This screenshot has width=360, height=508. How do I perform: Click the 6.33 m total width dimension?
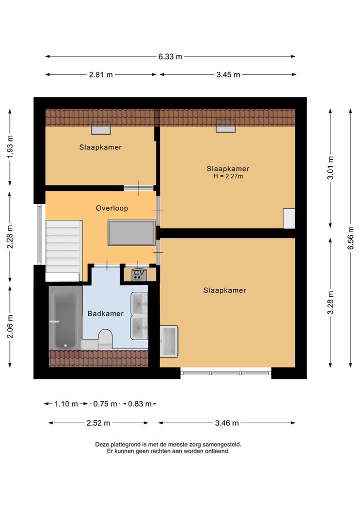[170, 56]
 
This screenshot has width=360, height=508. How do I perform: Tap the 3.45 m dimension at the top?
[228, 74]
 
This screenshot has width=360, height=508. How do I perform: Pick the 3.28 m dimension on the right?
[330, 302]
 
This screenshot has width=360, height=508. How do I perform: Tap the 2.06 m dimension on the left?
[10, 325]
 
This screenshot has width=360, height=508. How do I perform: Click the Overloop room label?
[112, 208]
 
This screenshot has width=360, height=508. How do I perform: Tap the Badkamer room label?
[105, 314]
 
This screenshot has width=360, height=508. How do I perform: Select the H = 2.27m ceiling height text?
[228, 176]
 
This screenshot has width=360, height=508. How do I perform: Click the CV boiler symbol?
[138, 274]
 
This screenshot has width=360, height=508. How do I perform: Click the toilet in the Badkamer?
[105, 339]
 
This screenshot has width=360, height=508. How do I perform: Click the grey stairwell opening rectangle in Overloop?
[132, 233]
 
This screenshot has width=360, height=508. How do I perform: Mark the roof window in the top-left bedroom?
[100, 129]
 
